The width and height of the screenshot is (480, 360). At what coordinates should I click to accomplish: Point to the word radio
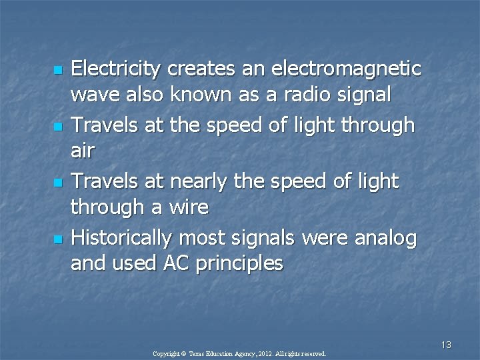pos(305,95)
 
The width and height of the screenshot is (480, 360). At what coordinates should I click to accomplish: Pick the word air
pos(83,152)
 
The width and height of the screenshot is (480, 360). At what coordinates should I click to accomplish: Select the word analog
pos(385,237)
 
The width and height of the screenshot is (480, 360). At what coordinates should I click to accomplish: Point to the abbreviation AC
pos(177,264)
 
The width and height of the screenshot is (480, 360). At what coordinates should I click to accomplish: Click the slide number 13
pos(446,345)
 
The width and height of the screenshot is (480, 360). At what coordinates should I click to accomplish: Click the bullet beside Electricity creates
pos(59,70)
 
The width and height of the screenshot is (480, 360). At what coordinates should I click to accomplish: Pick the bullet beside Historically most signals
pos(59,238)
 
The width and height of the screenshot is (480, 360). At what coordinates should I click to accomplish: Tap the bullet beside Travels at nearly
pos(59,182)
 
